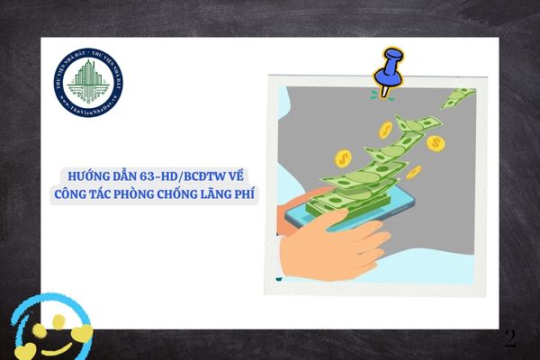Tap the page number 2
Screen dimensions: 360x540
[x=510, y=338]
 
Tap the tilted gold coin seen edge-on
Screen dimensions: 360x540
[x=413, y=171]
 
